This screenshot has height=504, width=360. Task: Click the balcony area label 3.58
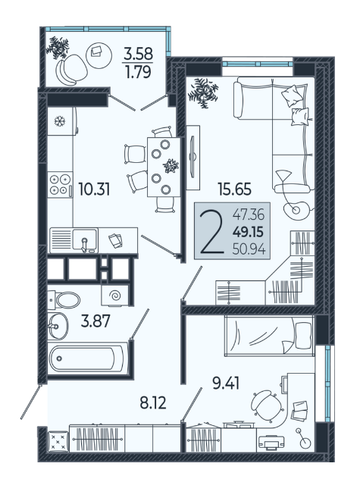click(x=139, y=53)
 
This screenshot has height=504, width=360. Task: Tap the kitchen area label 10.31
click(x=94, y=189)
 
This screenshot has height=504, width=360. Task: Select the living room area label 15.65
click(x=235, y=189)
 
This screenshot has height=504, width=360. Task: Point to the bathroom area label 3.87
click(x=95, y=321)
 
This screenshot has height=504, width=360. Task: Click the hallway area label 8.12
click(x=153, y=402)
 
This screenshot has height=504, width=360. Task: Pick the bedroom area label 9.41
click(x=226, y=383)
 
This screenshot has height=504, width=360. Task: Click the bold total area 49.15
click(x=248, y=231)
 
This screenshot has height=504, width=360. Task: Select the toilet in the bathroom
click(x=64, y=300)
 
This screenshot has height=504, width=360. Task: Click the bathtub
click(x=88, y=358)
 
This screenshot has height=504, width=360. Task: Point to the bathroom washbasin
click(x=58, y=326)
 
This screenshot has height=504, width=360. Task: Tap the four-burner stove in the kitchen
click(x=60, y=184)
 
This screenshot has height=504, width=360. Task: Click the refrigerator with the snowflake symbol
click(x=62, y=121)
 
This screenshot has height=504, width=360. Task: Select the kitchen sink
click(x=85, y=239)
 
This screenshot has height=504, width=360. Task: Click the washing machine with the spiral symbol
click(x=115, y=295)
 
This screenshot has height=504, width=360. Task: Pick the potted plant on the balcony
click(x=58, y=47)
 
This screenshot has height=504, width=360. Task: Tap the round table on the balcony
click(x=99, y=55)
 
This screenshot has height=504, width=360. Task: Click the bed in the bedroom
click(x=269, y=336)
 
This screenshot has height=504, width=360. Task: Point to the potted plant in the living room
click(x=203, y=92)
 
